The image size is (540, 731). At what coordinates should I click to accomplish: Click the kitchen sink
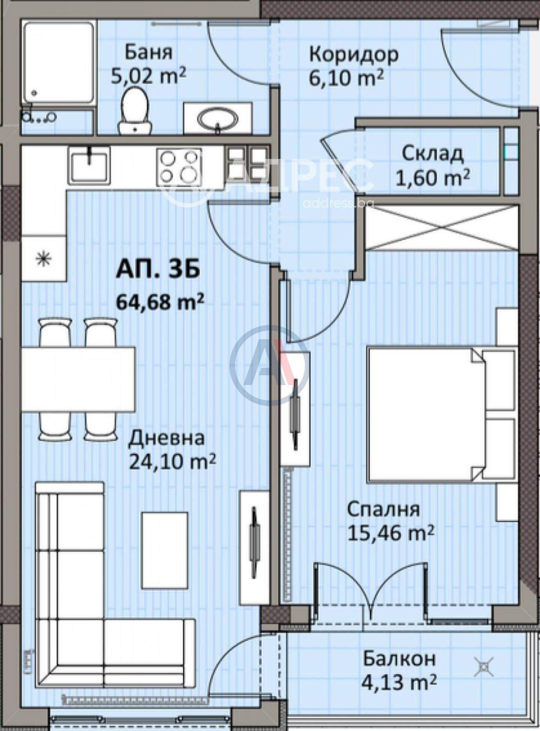tap(89, 165)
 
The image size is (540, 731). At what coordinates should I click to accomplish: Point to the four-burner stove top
tap(179, 165)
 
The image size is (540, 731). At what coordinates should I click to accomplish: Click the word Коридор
tap(354, 55)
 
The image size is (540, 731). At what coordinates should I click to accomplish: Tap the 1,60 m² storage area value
tap(433, 178)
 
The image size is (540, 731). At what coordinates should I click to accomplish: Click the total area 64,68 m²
tap(160, 301)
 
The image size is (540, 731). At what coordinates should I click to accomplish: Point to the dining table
tap(78, 379)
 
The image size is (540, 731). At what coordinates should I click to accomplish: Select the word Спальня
tap(383, 509)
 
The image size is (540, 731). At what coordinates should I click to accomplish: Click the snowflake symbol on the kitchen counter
tap(44, 259)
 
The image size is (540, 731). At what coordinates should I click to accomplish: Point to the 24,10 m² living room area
tap(172, 461)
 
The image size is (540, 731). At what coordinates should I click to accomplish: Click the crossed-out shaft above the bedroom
tap(442, 227)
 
